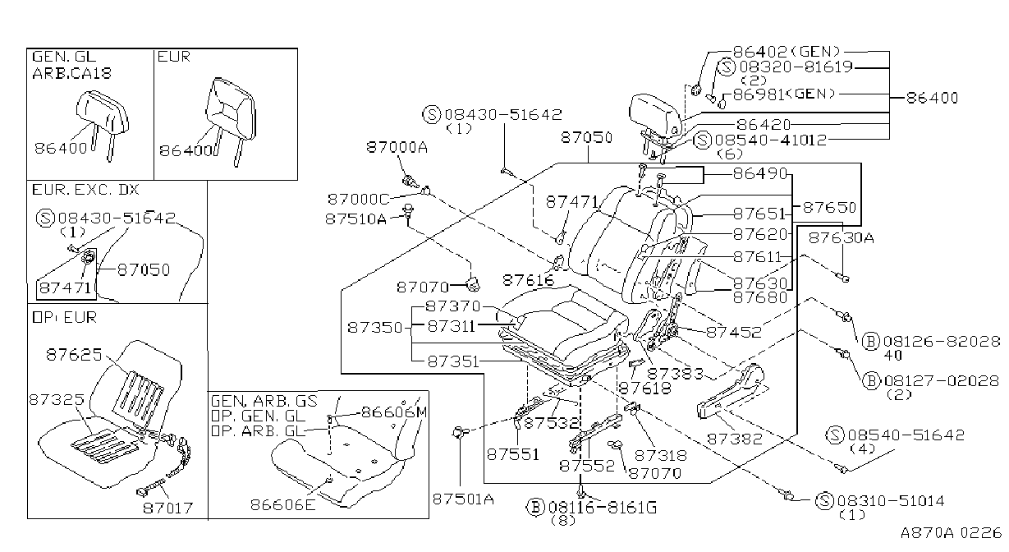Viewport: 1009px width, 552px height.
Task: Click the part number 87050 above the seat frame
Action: click(x=586, y=137)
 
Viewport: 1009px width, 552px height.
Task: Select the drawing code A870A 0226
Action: click(x=951, y=533)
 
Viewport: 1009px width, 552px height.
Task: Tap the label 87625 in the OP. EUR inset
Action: click(x=74, y=355)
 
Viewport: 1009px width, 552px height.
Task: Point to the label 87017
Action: click(x=167, y=508)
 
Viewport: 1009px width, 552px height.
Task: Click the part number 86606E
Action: click(x=283, y=504)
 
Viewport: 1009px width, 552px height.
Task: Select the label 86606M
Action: click(x=394, y=412)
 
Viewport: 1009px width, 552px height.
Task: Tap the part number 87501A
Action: click(x=463, y=499)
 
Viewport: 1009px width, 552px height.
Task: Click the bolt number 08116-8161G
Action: click(x=603, y=508)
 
